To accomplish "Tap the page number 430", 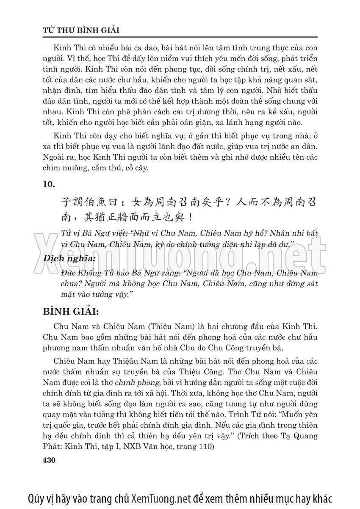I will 50,460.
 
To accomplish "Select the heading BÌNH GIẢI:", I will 70,312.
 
